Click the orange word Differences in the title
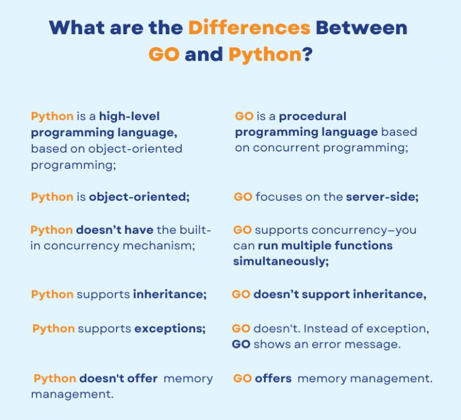pos(249,28)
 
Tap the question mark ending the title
pos(307,54)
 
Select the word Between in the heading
pos(361,28)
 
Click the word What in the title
pos(77,28)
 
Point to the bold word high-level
pos(130,116)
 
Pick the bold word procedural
pos(313,116)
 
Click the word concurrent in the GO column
pos(286,147)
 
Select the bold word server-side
pos(382,197)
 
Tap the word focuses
pos(279,197)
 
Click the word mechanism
pos(158,246)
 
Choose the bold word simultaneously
pos(281,261)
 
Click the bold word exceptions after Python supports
pos(170,329)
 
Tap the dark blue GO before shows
pos(241,344)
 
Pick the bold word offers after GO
pos(273,379)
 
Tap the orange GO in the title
pos(164,54)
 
